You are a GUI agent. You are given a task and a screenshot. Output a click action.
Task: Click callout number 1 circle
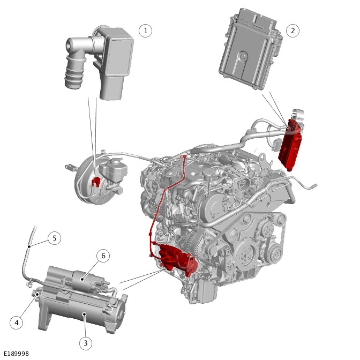(x=145, y=31)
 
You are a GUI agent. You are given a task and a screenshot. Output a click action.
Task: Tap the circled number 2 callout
(x=292, y=31)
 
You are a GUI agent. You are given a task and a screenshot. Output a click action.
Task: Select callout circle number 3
(x=85, y=342)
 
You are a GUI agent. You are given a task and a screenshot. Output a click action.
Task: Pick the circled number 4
(x=17, y=322)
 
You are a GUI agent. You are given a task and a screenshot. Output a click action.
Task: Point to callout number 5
(x=54, y=238)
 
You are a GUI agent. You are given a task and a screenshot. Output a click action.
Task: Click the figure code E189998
(x=16, y=354)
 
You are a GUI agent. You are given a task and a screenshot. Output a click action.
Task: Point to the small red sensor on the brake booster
(x=96, y=183)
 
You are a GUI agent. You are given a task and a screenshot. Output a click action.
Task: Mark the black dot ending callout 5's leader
(x=29, y=246)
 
